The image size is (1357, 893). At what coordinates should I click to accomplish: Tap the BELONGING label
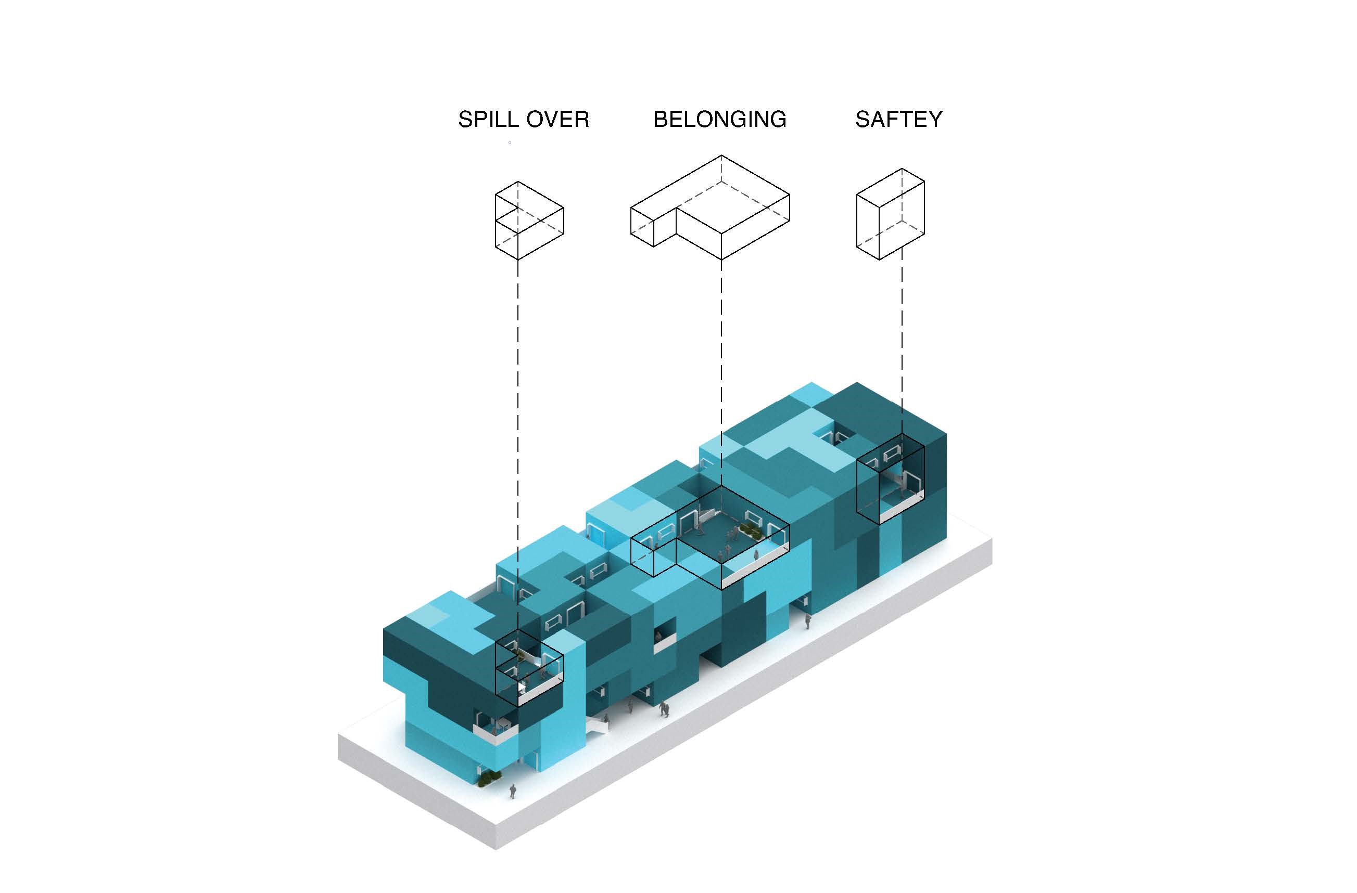(x=719, y=119)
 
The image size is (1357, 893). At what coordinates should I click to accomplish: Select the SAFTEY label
(x=898, y=119)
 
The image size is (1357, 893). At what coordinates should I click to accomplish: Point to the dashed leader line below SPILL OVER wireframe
(x=518, y=445)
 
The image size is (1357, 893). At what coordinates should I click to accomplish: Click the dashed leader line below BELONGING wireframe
(x=721, y=373)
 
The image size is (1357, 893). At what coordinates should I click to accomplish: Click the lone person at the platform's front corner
(x=513, y=791)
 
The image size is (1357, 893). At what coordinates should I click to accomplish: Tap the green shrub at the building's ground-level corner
(x=489, y=779)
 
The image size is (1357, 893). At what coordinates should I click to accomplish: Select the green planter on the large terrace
(x=749, y=531)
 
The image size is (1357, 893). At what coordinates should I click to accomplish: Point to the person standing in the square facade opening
(x=658, y=636)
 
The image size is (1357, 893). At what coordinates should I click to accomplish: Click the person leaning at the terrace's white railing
(x=756, y=555)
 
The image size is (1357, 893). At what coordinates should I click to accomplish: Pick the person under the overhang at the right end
(x=807, y=621)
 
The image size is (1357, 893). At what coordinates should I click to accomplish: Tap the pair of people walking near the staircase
(x=663, y=709)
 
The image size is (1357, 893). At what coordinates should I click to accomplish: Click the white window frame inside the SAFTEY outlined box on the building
(x=890, y=455)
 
